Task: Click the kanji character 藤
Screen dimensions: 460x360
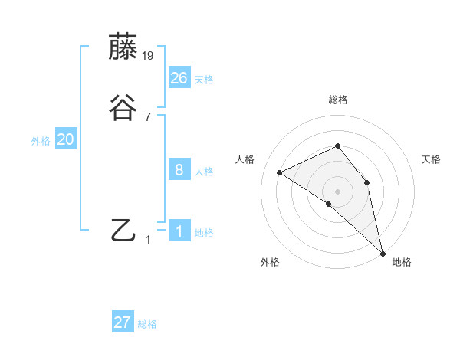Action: (x=124, y=47)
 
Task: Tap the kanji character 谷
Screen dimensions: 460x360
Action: (x=124, y=108)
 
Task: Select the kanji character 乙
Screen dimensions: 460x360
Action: (x=124, y=231)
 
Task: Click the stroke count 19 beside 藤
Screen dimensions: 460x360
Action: (x=149, y=56)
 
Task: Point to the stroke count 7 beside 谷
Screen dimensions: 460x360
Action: (x=148, y=117)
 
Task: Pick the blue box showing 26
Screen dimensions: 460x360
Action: (x=179, y=77)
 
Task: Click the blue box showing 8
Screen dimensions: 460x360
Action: (x=179, y=170)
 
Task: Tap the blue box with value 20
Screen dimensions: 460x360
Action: (x=66, y=139)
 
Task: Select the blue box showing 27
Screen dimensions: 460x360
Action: (x=123, y=322)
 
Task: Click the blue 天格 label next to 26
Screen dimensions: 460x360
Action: (x=204, y=80)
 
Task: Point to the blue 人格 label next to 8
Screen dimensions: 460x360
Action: (x=204, y=172)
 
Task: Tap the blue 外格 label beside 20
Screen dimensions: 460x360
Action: (x=41, y=141)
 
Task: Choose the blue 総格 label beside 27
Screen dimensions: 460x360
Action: (x=147, y=324)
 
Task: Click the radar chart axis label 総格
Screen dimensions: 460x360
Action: (x=338, y=100)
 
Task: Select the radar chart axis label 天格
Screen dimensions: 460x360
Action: (x=432, y=159)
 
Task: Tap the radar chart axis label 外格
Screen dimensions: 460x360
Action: (x=270, y=262)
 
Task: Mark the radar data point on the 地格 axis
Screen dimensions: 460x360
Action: (x=383, y=252)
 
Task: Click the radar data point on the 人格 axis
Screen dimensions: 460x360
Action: (x=280, y=172)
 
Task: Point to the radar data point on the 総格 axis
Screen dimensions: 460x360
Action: (x=338, y=146)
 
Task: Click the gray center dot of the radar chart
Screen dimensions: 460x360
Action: (x=338, y=191)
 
